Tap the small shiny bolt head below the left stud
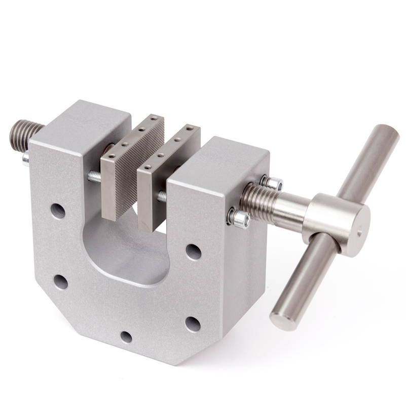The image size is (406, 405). click(25, 159)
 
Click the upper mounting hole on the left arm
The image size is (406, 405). click(57, 210)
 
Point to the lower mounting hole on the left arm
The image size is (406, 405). click(61, 281)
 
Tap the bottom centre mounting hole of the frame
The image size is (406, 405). click(126, 337)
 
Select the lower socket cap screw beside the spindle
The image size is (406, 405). click(240, 219)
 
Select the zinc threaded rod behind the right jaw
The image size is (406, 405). click(161, 196)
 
